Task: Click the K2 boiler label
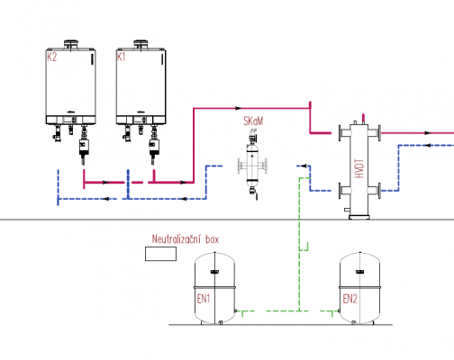[51, 57]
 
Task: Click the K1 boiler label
[121, 57]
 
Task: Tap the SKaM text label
[253, 121]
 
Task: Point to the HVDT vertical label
[359, 168]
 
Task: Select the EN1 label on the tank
[204, 299]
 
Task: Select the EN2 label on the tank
[350, 299]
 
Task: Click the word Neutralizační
[177, 239]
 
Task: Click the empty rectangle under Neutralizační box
[160, 254]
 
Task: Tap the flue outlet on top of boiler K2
[71, 44]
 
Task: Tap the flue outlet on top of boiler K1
[141, 44]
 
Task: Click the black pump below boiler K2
[83, 147]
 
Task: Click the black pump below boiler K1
[154, 147]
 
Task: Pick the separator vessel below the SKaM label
[252, 166]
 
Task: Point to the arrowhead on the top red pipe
[239, 108]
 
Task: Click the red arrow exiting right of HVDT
[428, 133]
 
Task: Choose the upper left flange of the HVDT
[340, 133]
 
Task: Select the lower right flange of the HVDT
[379, 191]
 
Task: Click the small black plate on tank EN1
[214, 272]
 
